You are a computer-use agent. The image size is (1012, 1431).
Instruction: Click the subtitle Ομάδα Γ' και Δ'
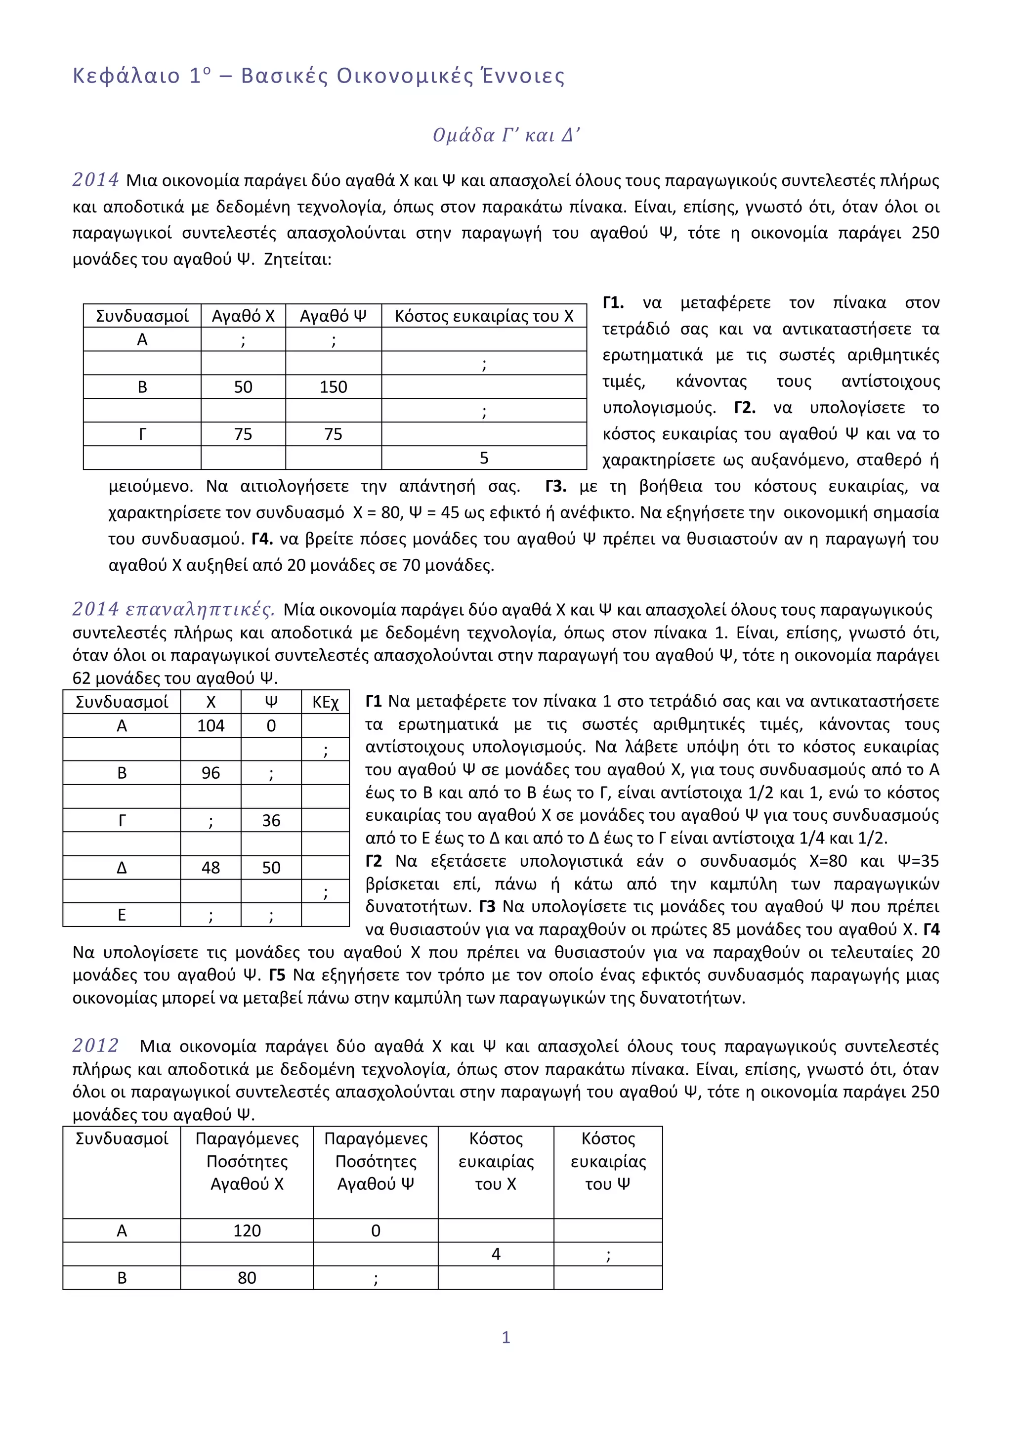pyautogui.click(x=506, y=135)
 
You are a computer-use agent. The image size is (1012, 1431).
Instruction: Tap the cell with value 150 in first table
pyautogui.click(x=334, y=387)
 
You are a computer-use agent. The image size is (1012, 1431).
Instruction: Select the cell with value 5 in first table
pyautogui.click(x=484, y=458)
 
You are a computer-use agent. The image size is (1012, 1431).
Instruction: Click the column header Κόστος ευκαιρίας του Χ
pyautogui.click(x=484, y=316)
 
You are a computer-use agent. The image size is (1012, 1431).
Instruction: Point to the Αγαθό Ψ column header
pyautogui.click(x=334, y=316)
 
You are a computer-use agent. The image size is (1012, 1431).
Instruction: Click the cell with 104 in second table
pyautogui.click(x=211, y=725)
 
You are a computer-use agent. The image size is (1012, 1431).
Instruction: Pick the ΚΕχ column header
pyautogui.click(x=325, y=703)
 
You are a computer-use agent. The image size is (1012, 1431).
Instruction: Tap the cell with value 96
pyautogui.click(x=211, y=773)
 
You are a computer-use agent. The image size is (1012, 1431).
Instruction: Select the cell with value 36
pyautogui.click(x=271, y=820)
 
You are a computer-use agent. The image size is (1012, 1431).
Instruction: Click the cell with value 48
pyautogui.click(x=211, y=868)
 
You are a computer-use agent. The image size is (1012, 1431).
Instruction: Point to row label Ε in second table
pyautogui.click(x=122, y=915)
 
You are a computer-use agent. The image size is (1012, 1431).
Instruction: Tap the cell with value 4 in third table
pyautogui.click(x=496, y=1254)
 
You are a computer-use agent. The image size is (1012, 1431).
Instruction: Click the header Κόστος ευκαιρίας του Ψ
pyautogui.click(x=608, y=1161)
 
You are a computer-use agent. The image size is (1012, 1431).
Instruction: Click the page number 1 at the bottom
pyautogui.click(x=506, y=1337)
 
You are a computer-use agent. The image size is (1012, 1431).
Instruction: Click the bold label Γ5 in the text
pyautogui.click(x=277, y=975)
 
